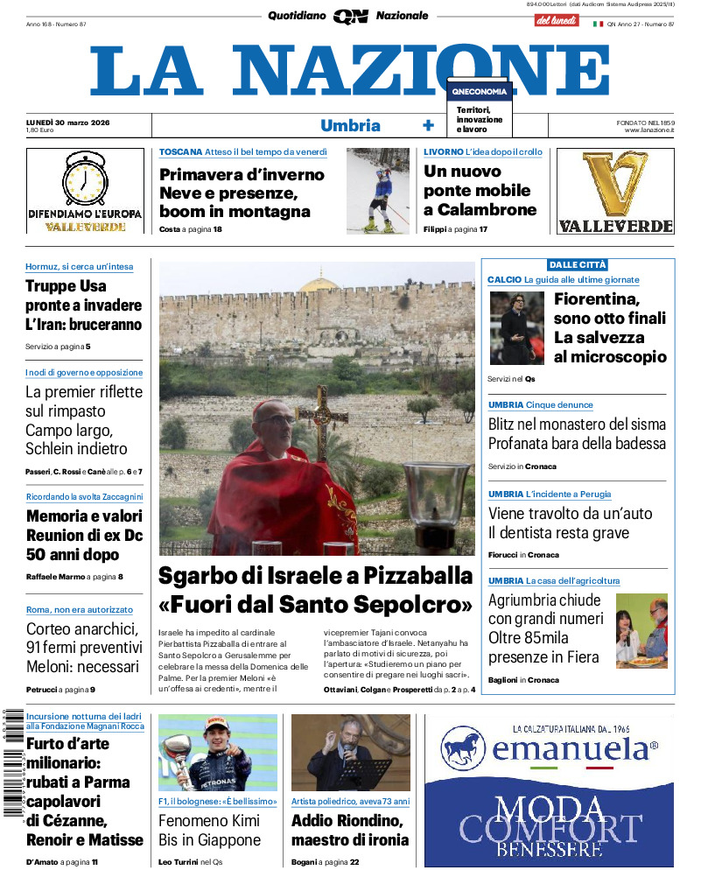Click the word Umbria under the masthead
(350, 125)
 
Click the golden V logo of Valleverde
(615, 185)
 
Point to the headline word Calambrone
(480, 210)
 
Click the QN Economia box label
(480, 91)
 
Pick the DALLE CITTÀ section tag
(578, 264)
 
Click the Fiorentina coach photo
(516, 328)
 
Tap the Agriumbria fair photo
(641, 630)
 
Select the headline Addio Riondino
(347, 821)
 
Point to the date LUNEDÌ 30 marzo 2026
(74, 122)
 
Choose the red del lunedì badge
(557, 20)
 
